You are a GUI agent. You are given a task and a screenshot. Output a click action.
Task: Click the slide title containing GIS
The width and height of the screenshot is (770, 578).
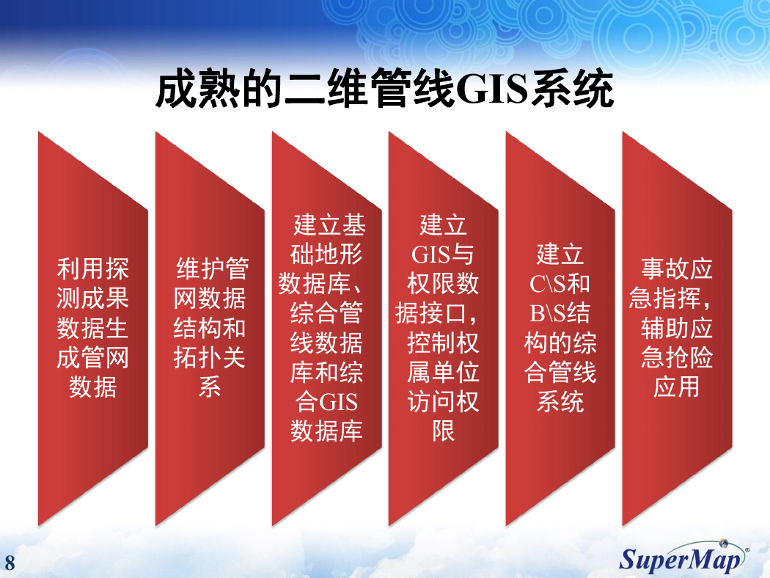pyautogui.click(x=384, y=89)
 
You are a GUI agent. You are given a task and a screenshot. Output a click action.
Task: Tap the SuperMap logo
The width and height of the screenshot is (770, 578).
pyautogui.click(x=683, y=557)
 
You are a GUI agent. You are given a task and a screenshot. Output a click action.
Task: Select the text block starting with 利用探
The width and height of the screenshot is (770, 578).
pyautogui.click(x=92, y=328)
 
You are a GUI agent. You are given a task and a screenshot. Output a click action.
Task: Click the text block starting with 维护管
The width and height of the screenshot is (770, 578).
pyautogui.click(x=210, y=328)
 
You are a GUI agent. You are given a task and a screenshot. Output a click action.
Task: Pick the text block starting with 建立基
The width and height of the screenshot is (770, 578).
pyautogui.click(x=326, y=328)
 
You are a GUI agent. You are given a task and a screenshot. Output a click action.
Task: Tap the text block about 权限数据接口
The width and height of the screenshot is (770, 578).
pyautogui.click(x=443, y=328)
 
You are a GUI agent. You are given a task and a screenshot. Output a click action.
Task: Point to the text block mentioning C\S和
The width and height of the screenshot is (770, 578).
pyautogui.click(x=560, y=328)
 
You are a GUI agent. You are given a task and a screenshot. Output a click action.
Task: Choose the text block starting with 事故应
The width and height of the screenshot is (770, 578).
pyautogui.click(x=676, y=328)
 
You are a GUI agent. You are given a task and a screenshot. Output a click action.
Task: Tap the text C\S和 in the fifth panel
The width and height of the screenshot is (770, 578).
pyautogui.click(x=560, y=284)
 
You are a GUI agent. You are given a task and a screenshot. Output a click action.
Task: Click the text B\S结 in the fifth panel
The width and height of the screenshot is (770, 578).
pyautogui.click(x=560, y=313)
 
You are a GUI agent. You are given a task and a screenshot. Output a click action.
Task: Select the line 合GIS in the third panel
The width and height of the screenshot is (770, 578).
pyautogui.click(x=326, y=402)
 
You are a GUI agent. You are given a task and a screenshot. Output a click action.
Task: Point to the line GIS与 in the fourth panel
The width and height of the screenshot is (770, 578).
pyautogui.click(x=442, y=255)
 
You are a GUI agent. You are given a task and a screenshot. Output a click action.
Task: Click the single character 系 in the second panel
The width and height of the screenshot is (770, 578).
pyautogui.click(x=210, y=387)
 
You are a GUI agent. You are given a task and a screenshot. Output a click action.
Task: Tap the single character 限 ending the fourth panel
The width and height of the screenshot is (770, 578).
pyautogui.click(x=443, y=431)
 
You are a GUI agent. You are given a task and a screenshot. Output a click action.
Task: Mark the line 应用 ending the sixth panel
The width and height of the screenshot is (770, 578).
pyautogui.click(x=676, y=387)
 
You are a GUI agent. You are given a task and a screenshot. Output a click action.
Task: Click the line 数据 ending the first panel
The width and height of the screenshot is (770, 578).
pyautogui.click(x=93, y=387)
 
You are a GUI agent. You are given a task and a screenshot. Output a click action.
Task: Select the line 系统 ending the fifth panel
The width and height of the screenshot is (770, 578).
pyautogui.click(x=560, y=402)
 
